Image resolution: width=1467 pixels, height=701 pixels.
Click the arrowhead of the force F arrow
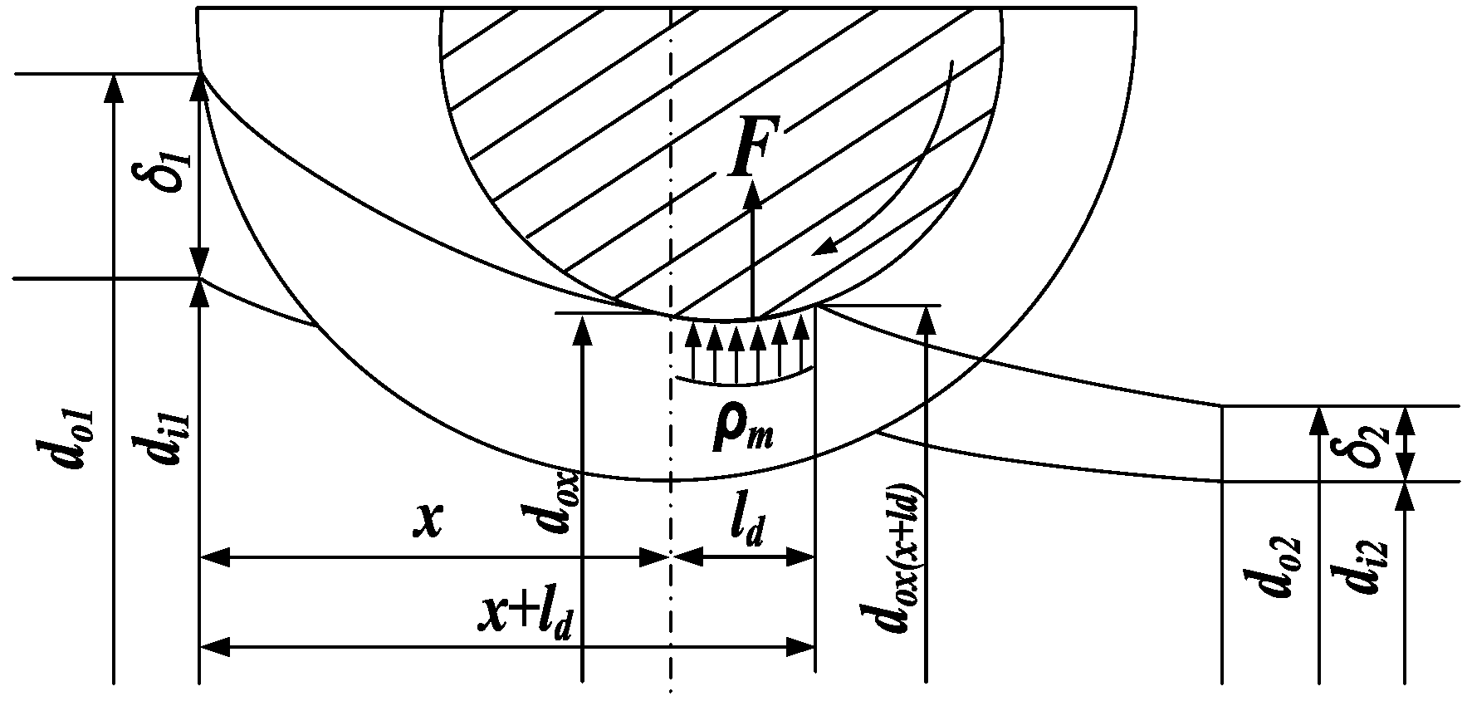click(x=752, y=193)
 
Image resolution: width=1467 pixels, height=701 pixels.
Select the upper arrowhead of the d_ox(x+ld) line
click(x=926, y=318)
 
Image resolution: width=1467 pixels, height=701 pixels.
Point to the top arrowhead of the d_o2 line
click(x=1318, y=419)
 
